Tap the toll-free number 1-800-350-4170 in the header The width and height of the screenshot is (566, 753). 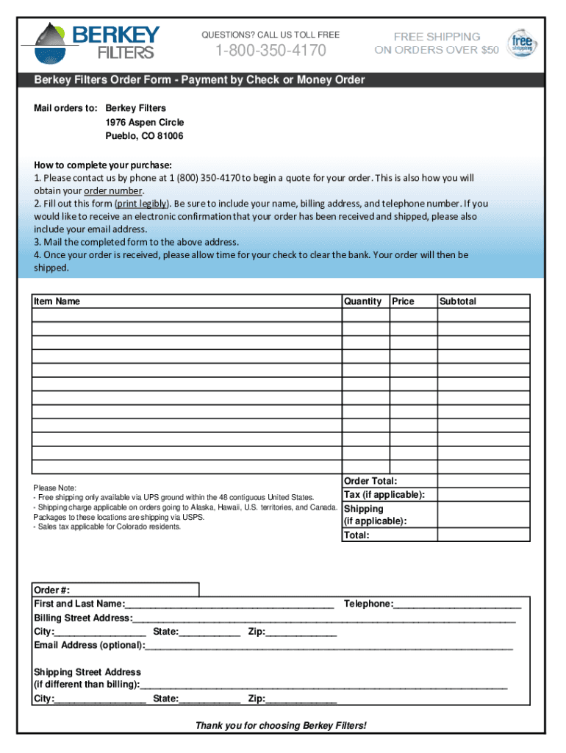271,51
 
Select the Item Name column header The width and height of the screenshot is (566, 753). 57,301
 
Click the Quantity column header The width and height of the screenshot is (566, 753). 362,301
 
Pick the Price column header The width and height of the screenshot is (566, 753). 404,301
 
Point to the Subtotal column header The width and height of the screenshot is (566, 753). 458,301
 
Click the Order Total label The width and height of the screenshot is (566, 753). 370,481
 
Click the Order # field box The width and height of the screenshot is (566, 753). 116,590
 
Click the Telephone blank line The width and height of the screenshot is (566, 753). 457,605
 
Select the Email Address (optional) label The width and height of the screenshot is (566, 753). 89,645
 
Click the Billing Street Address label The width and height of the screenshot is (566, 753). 82,618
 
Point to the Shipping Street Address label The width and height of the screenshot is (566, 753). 87,672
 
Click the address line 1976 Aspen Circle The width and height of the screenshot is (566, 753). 145,122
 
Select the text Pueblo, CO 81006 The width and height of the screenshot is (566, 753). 144,136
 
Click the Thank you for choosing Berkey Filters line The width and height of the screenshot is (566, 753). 280,726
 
